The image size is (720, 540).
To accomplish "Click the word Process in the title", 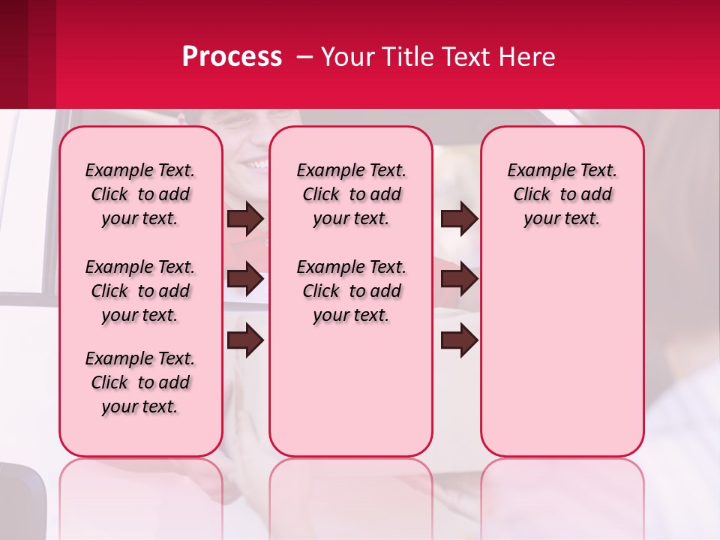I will tap(232, 57).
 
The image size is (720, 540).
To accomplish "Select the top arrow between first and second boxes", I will tap(245, 218).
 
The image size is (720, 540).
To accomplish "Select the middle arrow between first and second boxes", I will tap(245, 279).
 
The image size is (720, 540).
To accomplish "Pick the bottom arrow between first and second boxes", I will tap(245, 340).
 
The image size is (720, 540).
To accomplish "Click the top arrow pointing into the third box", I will tap(459, 218).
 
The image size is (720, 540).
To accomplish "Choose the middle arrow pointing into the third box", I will tap(459, 279).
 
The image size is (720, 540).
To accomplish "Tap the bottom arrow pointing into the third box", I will tap(459, 340).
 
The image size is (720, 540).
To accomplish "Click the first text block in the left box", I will tap(140, 194).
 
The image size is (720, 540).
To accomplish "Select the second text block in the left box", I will tap(140, 291).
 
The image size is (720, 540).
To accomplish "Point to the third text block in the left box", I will tap(140, 382).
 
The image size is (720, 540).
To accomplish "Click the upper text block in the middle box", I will tap(351, 194).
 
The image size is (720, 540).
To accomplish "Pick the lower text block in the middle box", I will tap(351, 291).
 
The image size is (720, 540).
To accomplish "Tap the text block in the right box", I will tap(562, 194).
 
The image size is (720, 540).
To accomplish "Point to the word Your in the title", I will tap(349, 57).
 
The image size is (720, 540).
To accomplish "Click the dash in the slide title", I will tap(304, 57).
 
